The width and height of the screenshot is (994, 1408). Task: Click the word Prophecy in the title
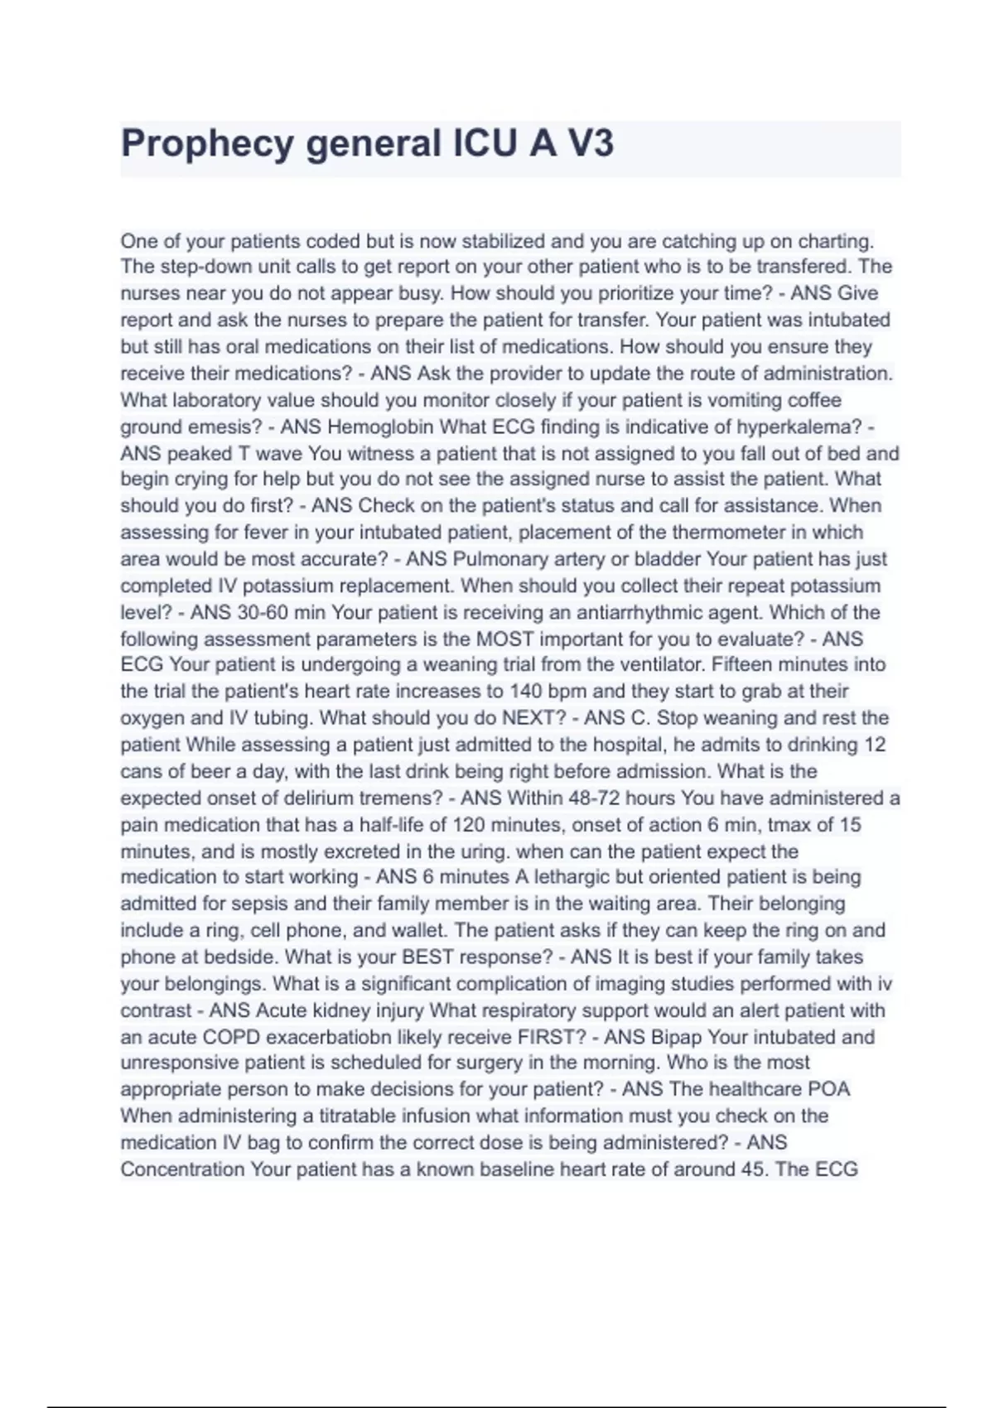(207, 144)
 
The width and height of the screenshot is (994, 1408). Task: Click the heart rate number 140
(526, 692)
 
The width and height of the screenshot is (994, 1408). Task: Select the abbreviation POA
(829, 1089)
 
